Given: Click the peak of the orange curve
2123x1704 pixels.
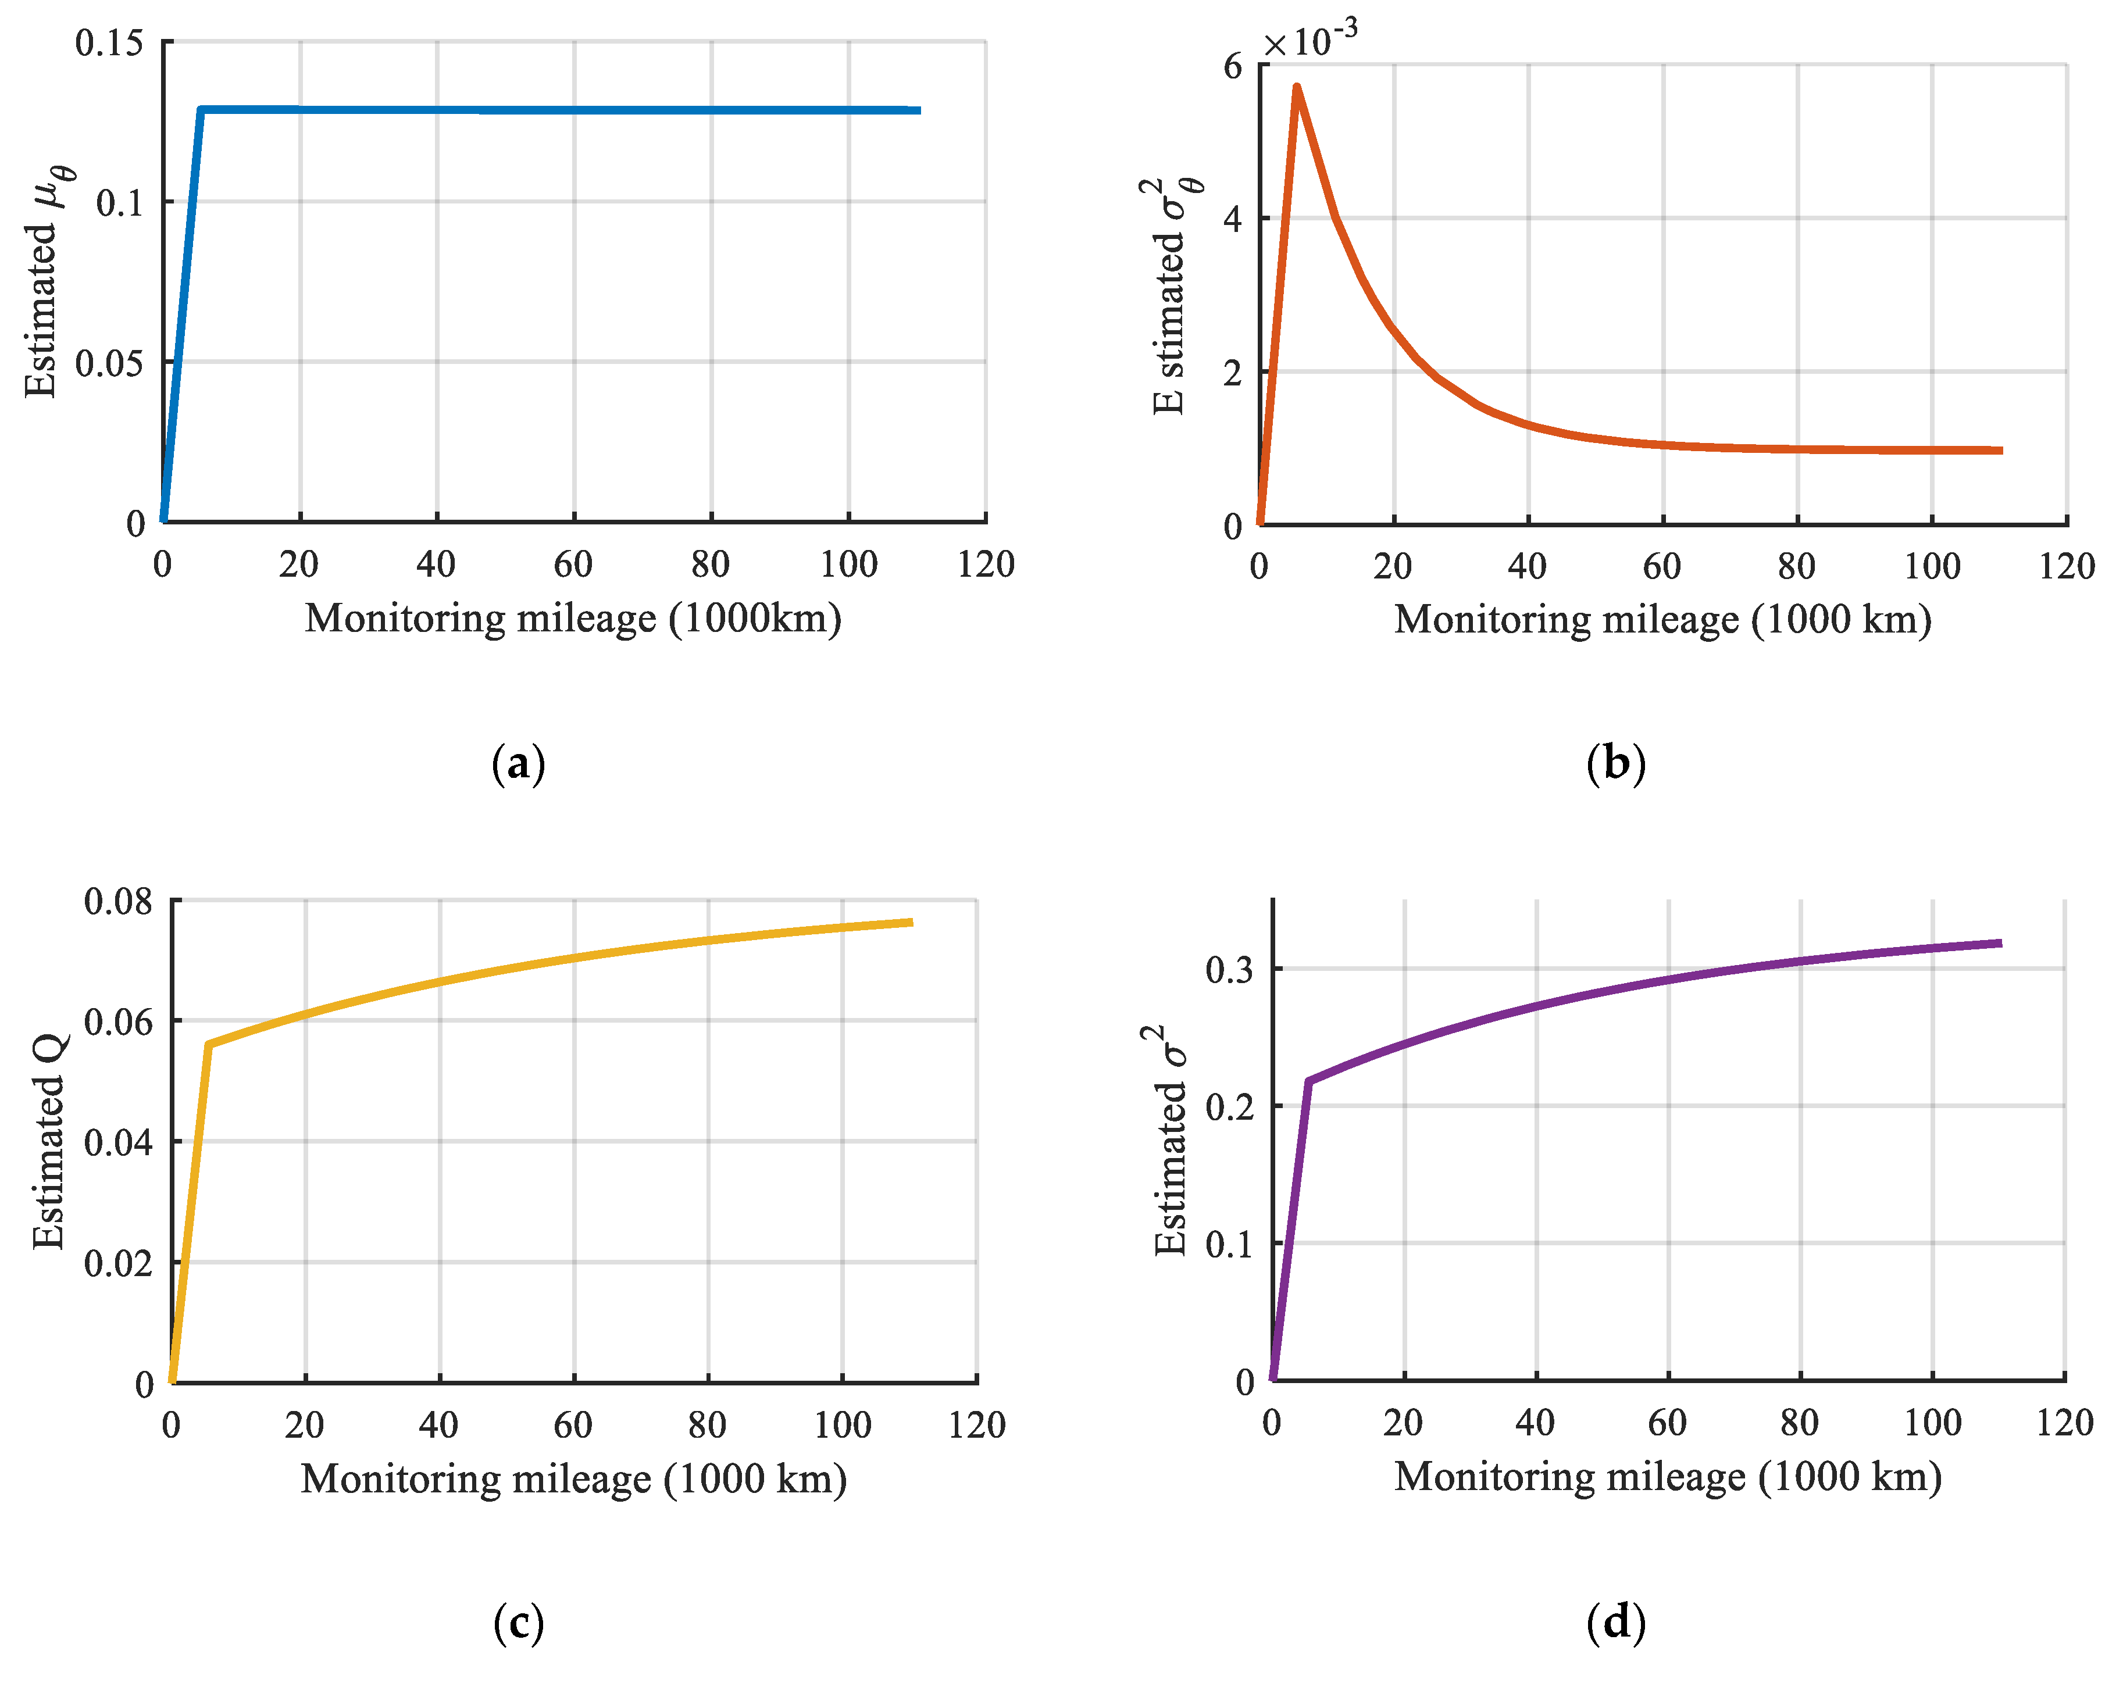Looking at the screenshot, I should [1297, 88].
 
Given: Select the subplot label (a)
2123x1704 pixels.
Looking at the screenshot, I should [518, 764].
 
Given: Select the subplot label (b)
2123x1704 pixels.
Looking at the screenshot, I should [1616, 764].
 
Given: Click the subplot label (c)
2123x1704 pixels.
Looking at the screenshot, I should [518, 1622].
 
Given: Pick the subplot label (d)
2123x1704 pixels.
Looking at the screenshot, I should [1616, 1622].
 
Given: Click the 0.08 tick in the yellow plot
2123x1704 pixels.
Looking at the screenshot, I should [118, 901].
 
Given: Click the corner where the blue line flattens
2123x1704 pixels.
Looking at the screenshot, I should [201, 109].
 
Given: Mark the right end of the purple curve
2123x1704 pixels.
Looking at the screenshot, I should [2000, 943].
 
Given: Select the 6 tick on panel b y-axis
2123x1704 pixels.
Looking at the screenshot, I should [1233, 67].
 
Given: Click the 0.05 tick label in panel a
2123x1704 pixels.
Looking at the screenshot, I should [108, 363].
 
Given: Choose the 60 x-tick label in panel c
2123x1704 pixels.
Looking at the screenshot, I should [573, 1424].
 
